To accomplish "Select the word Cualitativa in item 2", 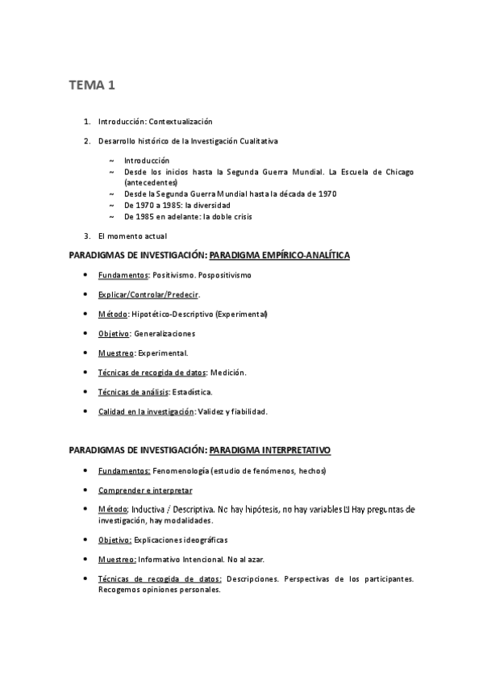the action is click(257, 141).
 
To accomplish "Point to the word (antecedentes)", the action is click(151, 182).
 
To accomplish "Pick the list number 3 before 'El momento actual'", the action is click(86, 236).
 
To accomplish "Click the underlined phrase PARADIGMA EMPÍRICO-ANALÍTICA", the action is click(279, 256).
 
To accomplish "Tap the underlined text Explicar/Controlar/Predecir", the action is click(148, 294).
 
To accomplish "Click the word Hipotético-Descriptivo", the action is click(172, 314).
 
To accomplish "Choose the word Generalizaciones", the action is click(165, 333).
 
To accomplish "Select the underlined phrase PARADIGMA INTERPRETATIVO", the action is click(269, 449).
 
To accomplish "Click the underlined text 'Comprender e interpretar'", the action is click(145, 490).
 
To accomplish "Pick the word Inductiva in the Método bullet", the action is click(150, 510).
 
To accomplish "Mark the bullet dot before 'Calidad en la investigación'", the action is click(86, 411).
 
